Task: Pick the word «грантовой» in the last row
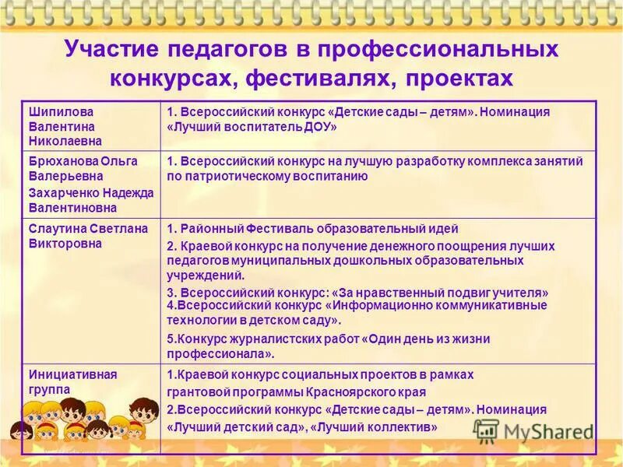click(x=195, y=392)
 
